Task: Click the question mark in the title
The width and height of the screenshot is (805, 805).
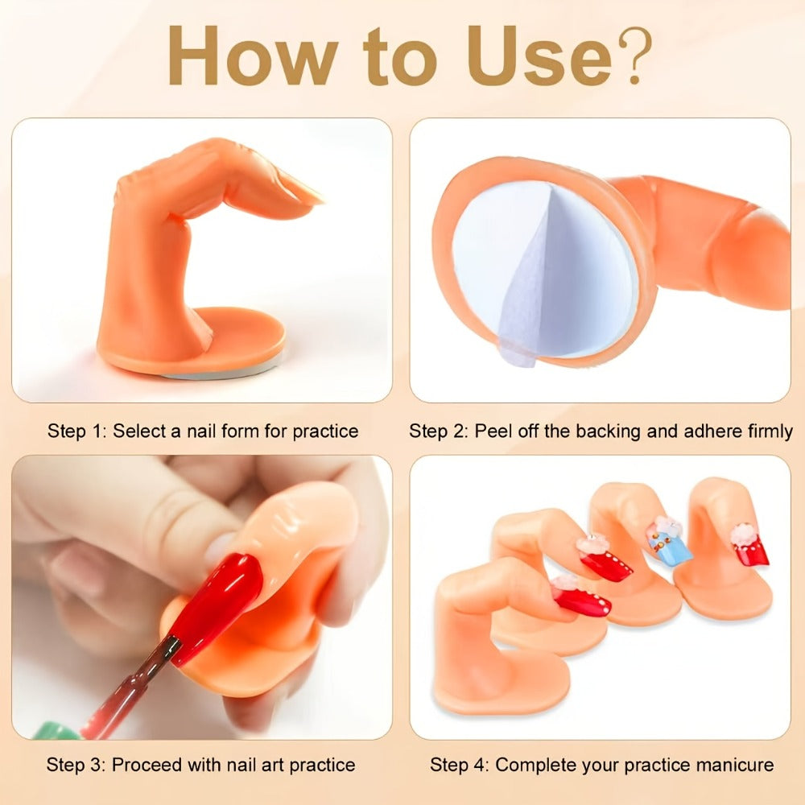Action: [634, 55]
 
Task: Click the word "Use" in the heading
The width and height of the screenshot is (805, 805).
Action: [539, 56]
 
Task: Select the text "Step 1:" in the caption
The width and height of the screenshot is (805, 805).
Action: [76, 431]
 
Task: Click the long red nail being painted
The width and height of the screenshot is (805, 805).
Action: [216, 606]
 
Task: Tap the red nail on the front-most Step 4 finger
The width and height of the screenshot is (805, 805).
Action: [583, 597]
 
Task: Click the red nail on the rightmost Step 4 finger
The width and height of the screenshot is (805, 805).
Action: [750, 548]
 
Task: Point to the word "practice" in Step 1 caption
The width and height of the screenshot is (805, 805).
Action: [325, 431]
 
